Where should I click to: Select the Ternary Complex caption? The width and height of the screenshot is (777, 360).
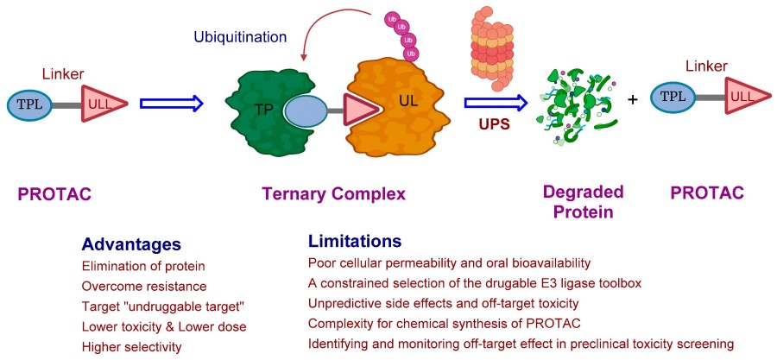coord(333,194)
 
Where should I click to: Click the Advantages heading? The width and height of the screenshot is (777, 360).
coord(131,244)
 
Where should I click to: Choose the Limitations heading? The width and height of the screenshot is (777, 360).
coord(355,241)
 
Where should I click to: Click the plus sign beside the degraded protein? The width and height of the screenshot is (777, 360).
coord(633,99)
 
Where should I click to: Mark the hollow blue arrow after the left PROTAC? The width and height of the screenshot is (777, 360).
coord(172,104)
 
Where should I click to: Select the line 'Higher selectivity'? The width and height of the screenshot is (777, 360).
coord(132,346)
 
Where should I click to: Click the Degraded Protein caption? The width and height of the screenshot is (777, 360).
coord(583,200)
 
